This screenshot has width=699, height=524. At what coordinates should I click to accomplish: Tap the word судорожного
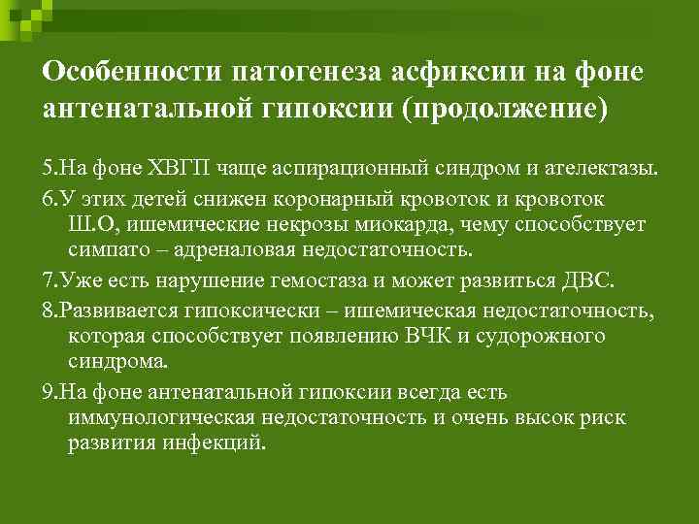[x=549, y=336]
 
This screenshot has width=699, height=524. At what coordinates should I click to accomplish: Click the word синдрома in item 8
[x=117, y=360]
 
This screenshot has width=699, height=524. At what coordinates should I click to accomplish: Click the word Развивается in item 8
[x=109, y=311]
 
